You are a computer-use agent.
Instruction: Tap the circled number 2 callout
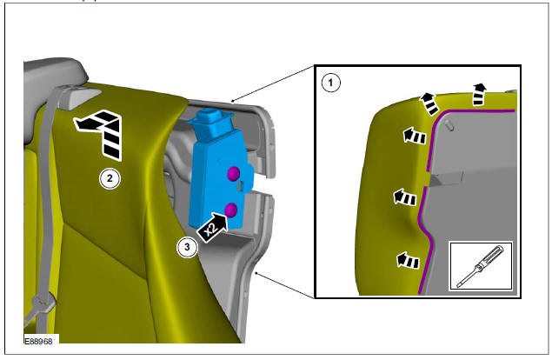[x=108, y=179]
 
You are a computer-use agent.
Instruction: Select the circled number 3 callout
[x=186, y=247]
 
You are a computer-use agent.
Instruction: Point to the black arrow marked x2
[x=213, y=229]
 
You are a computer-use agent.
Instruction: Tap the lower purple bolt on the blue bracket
[x=231, y=209]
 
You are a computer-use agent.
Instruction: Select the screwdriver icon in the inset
[x=480, y=266]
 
